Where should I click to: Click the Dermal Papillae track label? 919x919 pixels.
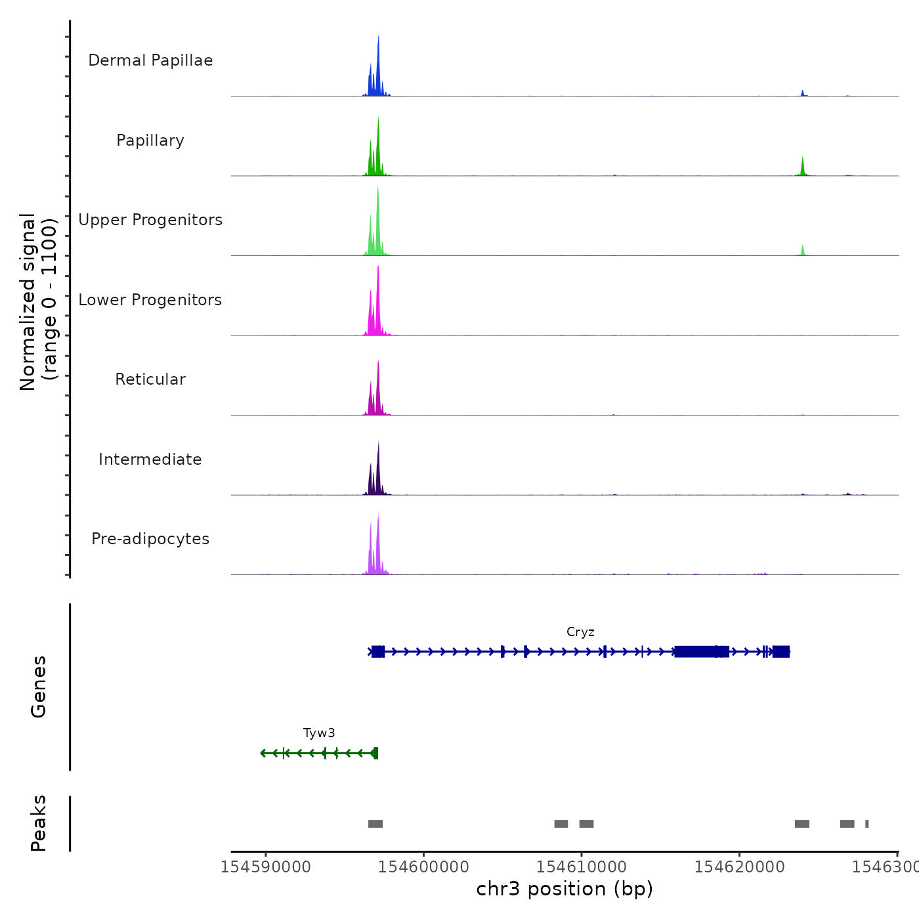[x=150, y=60]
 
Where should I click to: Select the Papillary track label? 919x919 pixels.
[x=150, y=140]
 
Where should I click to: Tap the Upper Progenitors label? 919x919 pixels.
[x=150, y=220]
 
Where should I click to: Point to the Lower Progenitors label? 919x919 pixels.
[x=150, y=300]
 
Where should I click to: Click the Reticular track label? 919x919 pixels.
[x=150, y=379]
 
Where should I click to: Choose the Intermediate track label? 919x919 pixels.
[x=150, y=460]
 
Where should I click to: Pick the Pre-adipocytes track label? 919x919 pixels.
[x=150, y=539]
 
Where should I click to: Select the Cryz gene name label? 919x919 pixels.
[x=580, y=632]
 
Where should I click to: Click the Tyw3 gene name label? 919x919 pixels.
[x=319, y=733]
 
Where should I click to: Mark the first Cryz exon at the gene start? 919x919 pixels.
[x=378, y=652]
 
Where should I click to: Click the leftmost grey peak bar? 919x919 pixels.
[x=375, y=824]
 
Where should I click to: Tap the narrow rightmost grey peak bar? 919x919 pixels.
[x=866, y=824]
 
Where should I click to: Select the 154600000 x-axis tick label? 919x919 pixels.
[x=423, y=867]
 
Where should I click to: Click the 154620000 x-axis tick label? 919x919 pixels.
[x=739, y=867]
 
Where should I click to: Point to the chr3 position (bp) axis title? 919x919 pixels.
[x=565, y=889]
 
